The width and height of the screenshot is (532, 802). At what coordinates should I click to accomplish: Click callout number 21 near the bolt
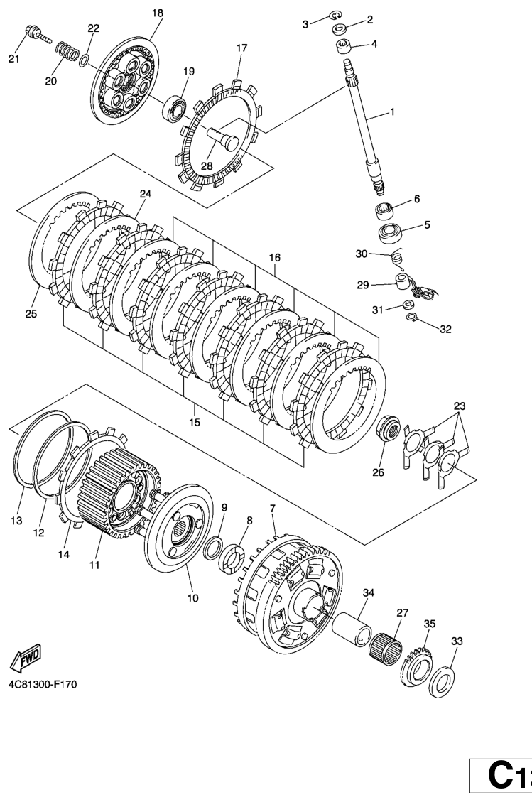click(x=14, y=59)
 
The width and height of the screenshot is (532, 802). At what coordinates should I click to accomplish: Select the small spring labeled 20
click(x=67, y=51)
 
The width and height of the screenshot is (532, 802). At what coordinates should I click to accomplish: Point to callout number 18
click(x=157, y=13)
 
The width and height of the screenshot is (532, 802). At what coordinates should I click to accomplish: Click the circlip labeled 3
click(x=337, y=15)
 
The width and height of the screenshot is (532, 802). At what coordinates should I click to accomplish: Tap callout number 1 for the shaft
click(x=391, y=112)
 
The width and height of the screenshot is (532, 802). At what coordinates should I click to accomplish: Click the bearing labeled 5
click(x=391, y=232)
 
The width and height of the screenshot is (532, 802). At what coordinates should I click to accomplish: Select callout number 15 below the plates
click(x=195, y=423)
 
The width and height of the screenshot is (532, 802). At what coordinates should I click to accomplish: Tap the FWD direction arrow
click(x=26, y=657)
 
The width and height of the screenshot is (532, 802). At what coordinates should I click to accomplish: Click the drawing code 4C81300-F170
click(x=42, y=685)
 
